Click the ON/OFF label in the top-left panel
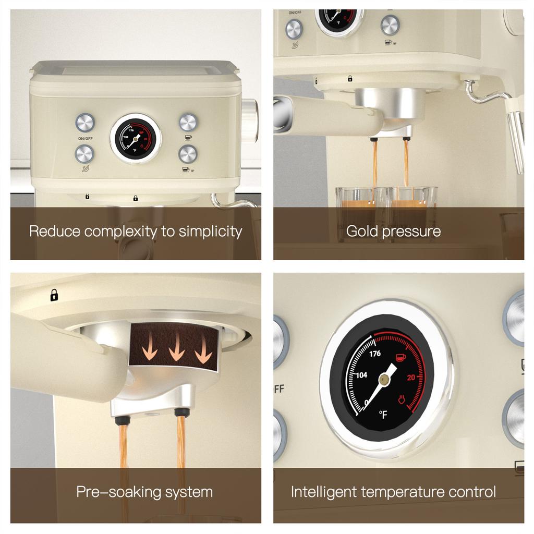[85, 139]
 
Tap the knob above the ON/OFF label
[85, 123]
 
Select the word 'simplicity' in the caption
[211, 232]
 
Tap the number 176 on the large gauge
[375, 354]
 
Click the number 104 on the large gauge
[361, 375]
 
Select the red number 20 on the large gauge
[411, 378]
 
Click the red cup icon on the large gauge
[400, 358]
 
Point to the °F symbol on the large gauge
[383, 415]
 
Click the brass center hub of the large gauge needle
[384, 379]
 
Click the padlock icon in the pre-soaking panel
[54, 295]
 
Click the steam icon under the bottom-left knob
[86, 168]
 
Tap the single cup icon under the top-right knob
[188, 138]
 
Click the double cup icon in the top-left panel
[188, 169]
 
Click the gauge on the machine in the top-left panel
[136, 139]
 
